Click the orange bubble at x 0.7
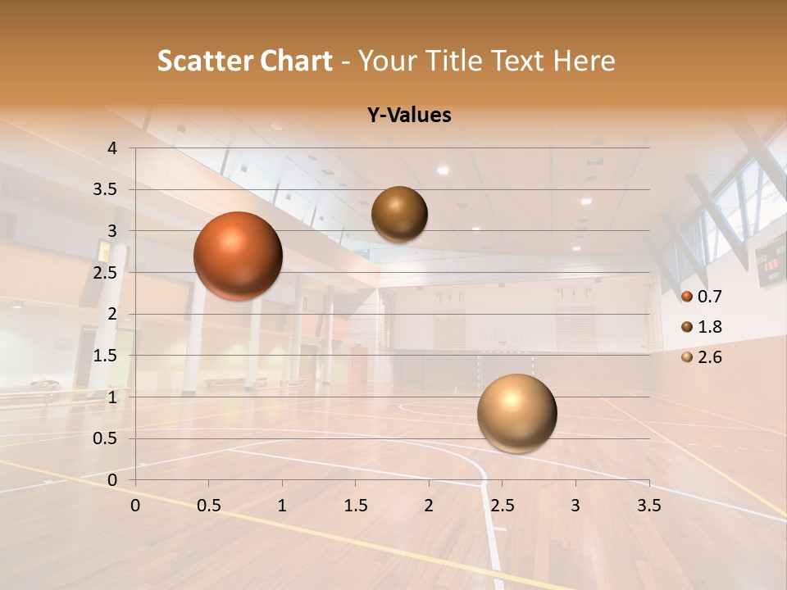click(x=238, y=256)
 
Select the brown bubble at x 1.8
click(x=399, y=214)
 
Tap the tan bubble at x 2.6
click(x=516, y=413)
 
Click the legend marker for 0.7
click(x=687, y=297)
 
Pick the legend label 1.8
click(x=709, y=327)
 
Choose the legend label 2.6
click(x=709, y=357)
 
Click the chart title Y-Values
click(x=409, y=116)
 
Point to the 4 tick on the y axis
click(x=113, y=148)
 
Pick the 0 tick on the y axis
click(x=113, y=479)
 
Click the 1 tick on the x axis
click(x=282, y=506)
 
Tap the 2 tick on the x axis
click(x=429, y=506)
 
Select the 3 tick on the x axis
click(x=575, y=506)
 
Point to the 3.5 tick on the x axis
click(x=648, y=506)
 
